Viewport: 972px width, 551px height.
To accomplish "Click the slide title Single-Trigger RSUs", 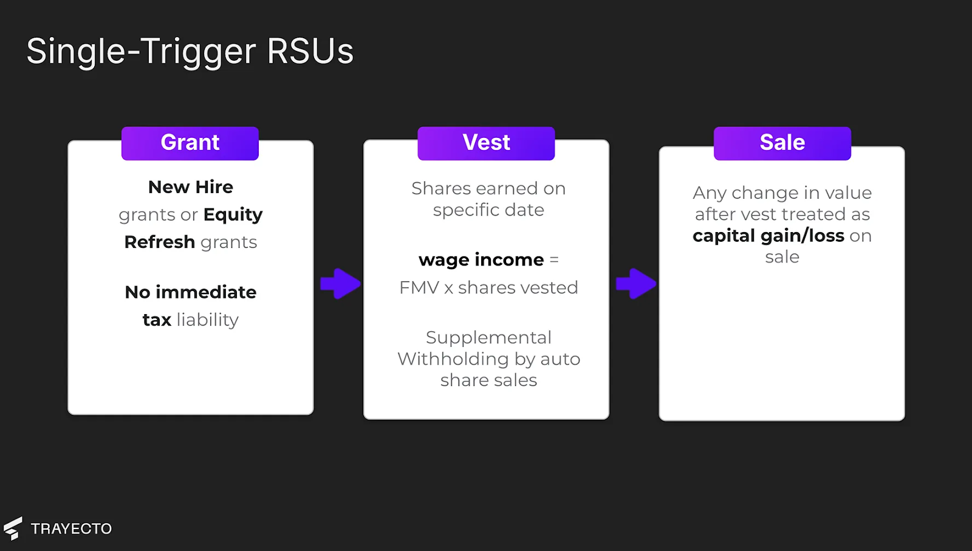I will tap(190, 52).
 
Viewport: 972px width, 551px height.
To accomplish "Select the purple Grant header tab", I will tap(190, 143).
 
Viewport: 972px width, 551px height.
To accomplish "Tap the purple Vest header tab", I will tap(486, 143).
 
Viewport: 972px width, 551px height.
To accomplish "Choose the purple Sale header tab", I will tap(782, 143).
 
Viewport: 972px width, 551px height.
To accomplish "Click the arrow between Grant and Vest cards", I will tap(341, 284).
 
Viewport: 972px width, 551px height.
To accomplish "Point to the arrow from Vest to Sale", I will tap(636, 284).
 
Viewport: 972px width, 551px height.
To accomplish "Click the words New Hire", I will tap(191, 187).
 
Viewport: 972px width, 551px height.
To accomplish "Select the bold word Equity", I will tap(233, 215).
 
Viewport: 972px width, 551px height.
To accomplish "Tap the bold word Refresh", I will tap(160, 242).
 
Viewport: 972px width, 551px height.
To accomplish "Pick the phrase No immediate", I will tap(191, 292).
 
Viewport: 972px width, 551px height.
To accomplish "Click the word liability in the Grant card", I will tap(207, 320).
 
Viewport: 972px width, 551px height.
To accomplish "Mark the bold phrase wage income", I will tap(481, 260).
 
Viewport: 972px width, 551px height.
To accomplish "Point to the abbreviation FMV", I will tap(419, 288).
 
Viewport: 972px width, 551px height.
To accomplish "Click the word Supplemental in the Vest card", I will tap(488, 338).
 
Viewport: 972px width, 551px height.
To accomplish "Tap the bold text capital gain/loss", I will tap(768, 236).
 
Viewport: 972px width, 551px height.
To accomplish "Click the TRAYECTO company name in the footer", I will tap(71, 529).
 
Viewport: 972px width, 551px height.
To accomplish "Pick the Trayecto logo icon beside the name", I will tap(13, 529).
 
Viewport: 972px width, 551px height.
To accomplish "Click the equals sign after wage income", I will tap(554, 260).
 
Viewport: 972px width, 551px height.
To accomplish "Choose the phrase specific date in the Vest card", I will tap(488, 210).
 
